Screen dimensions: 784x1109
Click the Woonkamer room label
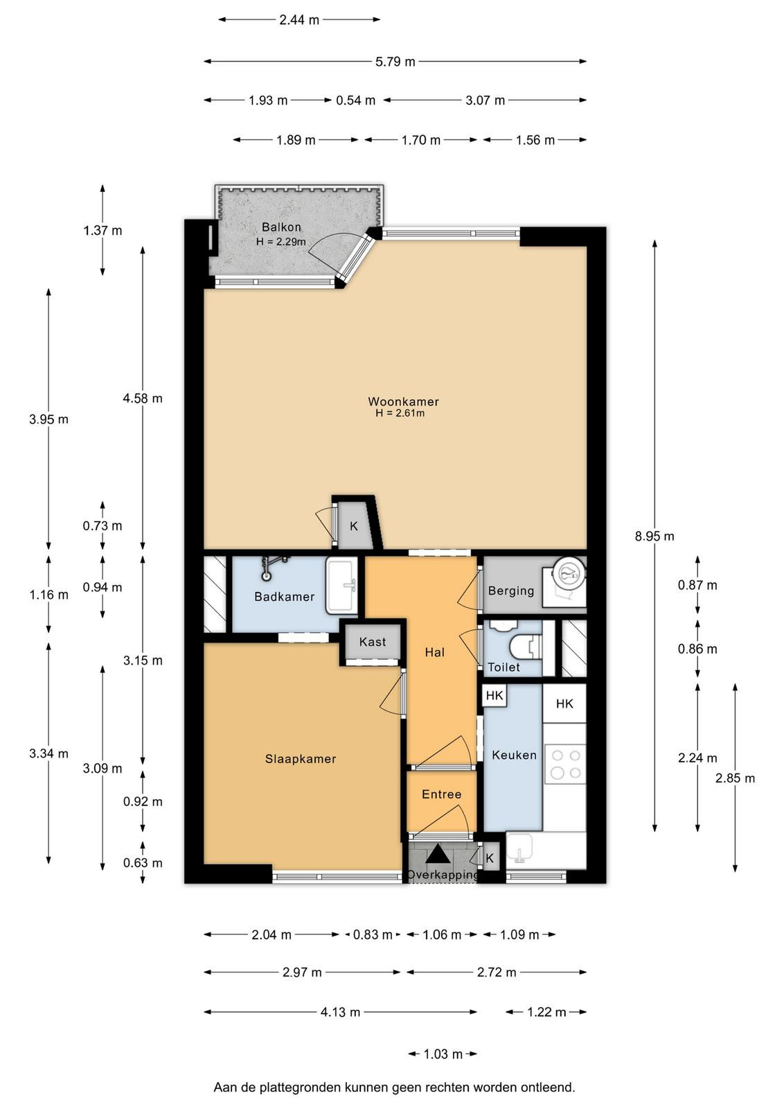click(x=403, y=401)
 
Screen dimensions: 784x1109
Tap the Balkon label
click(x=281, y=227)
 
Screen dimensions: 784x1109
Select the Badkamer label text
click(x=285, y=597)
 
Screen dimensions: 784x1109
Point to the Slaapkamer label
click(x=301, y=759)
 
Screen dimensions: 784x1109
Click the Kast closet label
click(x=373, y=642)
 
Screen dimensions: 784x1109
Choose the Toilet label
click(x=504, y=667)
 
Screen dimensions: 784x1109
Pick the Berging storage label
click(x=511, y=591)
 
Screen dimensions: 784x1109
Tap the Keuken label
click(x=514, y=755)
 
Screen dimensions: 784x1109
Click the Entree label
click(x=441, y=794)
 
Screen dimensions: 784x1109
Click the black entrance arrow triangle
click(x=438, y=855)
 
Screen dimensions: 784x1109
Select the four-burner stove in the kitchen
click(x=565, y=765)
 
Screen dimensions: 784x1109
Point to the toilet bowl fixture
click(x=525, y=646)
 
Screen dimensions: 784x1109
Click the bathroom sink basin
click(x=341, y=585)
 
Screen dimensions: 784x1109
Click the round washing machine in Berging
click(x=569, y=574)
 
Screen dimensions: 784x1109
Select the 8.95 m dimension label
click(x=654, y=536)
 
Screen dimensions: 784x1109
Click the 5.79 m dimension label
click(x=395, y=62)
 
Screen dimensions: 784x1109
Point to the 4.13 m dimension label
click(x=340, y=1012)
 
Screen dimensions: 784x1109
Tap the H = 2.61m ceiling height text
click(x=400, y=413)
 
